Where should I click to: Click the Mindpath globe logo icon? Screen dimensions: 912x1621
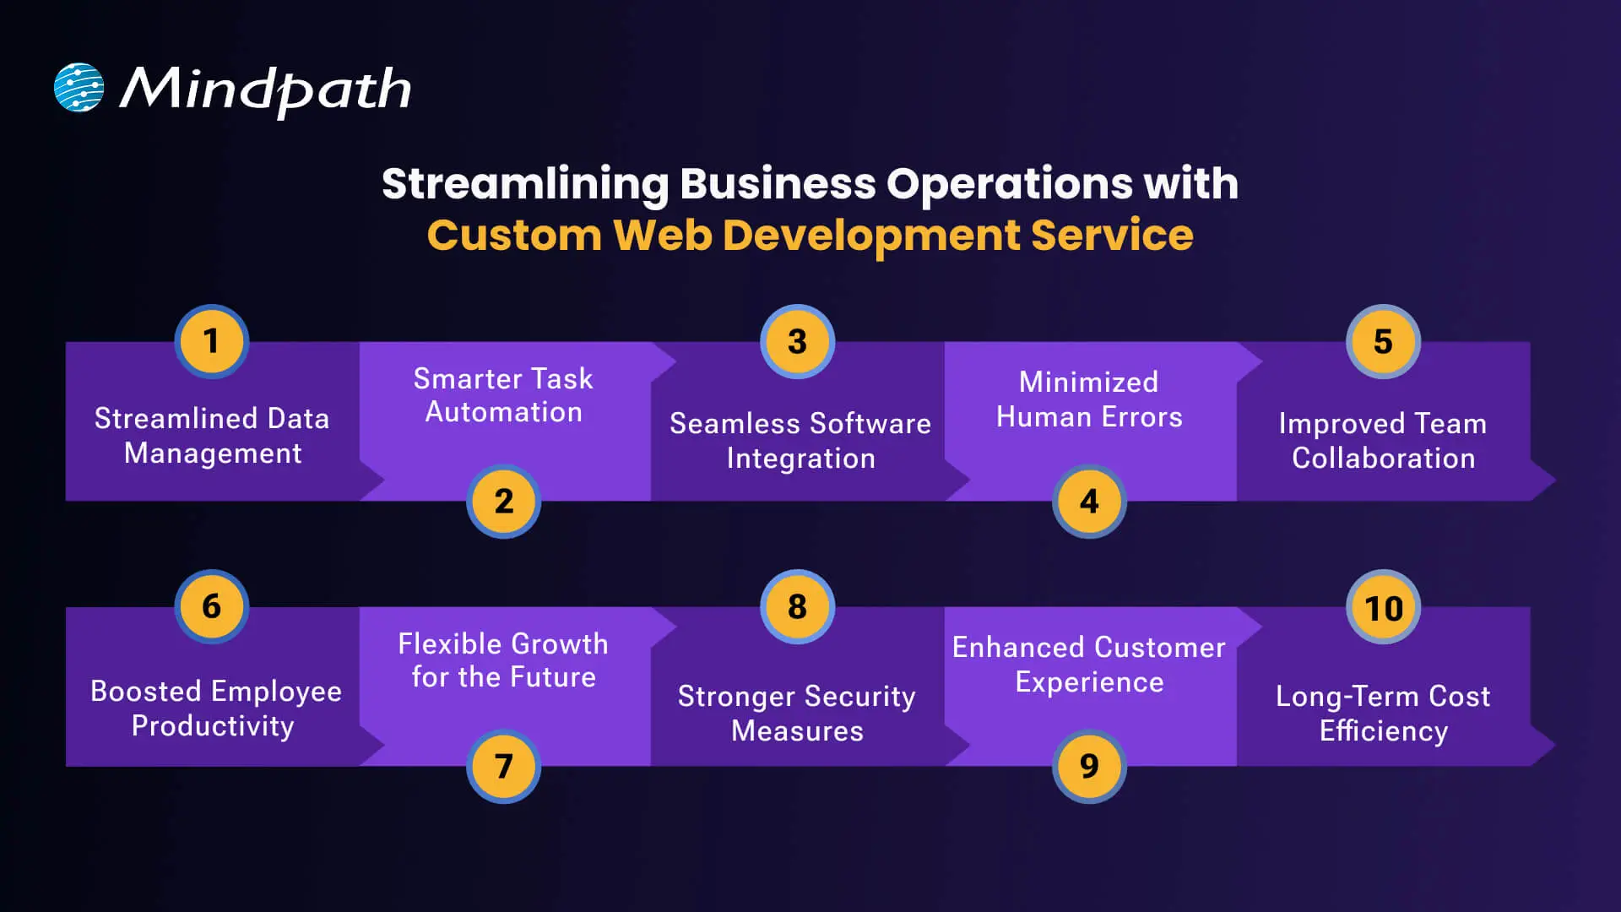pos(79,88)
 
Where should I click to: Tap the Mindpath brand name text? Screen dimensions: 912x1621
pos(265,90)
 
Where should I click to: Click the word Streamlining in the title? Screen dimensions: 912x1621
pos(525,184)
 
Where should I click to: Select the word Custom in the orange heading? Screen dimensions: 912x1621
pos(514,236)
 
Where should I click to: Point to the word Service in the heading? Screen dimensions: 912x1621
pos(1112,236)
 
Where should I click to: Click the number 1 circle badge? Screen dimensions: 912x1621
pos(211,342)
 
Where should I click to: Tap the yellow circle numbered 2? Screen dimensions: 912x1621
pos(504,502)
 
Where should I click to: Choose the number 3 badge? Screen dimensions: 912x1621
pos(797,342)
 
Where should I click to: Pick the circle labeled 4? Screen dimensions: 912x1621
pos(1089,502)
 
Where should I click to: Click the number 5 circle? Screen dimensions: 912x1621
pos(1383,342)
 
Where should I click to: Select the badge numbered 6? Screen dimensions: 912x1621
pos(211,606)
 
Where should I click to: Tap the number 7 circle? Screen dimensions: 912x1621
pos(504,766)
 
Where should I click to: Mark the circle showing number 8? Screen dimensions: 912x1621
pos(797,606)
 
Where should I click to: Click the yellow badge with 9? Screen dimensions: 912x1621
pos(1089,766)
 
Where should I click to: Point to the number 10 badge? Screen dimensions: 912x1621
pos(1383,608)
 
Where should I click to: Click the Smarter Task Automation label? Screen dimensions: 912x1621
pos(503,395)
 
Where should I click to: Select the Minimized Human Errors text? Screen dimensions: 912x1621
pos(1089,399)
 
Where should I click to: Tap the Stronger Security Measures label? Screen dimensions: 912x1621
pos(797,714)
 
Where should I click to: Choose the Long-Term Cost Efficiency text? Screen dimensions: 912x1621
pos(1383,714)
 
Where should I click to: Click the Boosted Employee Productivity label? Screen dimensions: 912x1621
pos(214,708)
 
